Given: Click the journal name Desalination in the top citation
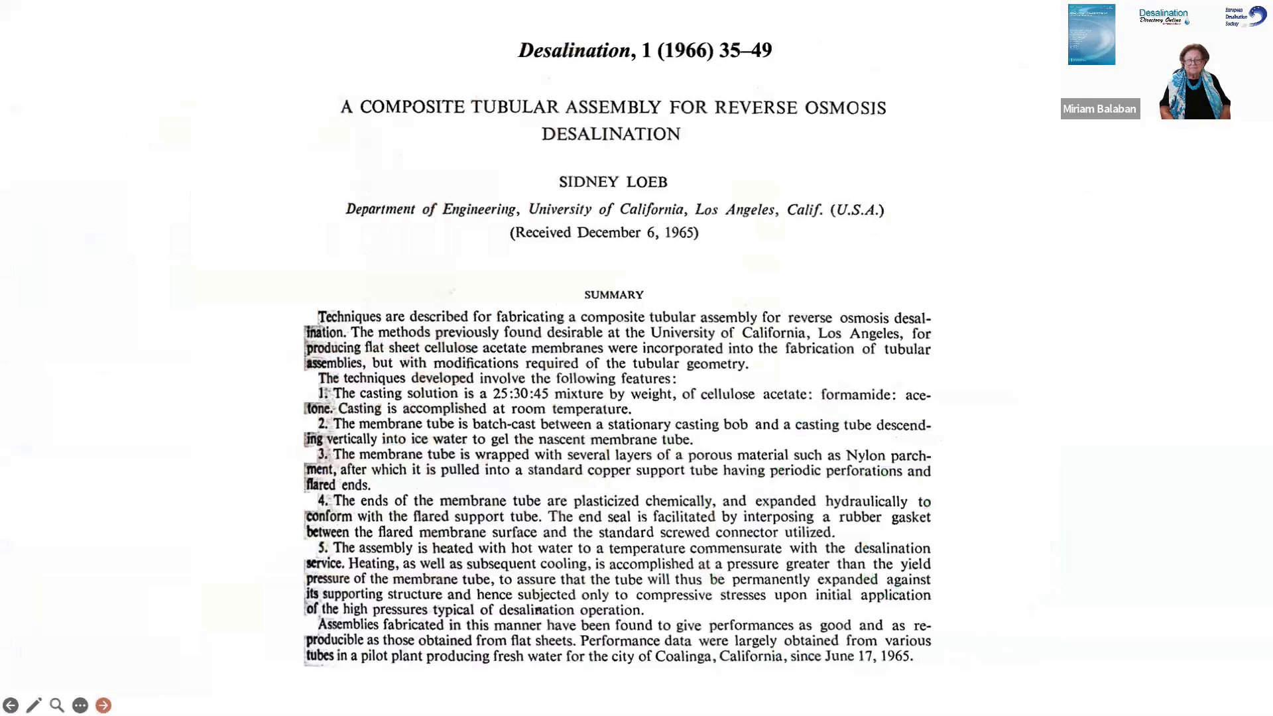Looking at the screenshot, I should pos(574,50).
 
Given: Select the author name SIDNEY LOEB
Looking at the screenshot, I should pos(613,182).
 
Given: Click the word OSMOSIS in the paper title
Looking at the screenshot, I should pos(845,107).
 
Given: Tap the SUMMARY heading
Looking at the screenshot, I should pos(613,294).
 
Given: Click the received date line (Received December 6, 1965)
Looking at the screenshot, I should pos(604,232).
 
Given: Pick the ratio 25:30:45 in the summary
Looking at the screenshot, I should pos(520,394).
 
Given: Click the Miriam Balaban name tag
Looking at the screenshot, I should pos(1099,109).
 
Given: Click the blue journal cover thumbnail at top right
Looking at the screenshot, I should pos(1091,34).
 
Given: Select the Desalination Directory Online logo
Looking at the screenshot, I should pos(1164,17).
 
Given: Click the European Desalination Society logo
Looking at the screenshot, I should pos(1245,17).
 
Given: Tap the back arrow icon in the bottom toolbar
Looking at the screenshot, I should pos(11,705).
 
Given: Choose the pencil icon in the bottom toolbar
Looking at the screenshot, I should pos(34,705).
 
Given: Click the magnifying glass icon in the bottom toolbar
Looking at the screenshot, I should pos(57,705).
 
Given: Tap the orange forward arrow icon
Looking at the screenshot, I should pos(103,705).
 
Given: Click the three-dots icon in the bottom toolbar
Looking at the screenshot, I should pos(80,705).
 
